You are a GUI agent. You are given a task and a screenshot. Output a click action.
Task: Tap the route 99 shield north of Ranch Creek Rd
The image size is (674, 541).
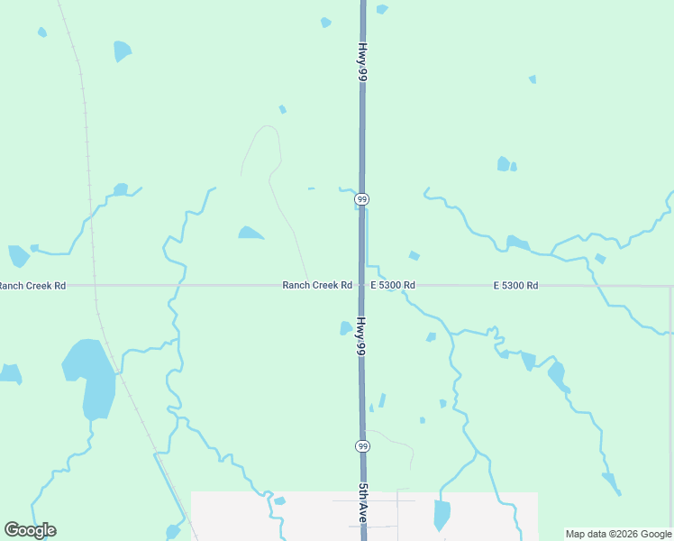tap(361, 198)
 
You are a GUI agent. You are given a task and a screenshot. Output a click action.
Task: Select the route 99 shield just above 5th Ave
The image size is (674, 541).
tap(362, 445)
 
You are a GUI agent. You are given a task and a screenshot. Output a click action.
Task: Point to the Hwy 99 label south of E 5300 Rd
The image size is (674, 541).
tap(360, 335)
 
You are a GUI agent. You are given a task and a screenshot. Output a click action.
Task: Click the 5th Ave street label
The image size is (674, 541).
tap(362, 504)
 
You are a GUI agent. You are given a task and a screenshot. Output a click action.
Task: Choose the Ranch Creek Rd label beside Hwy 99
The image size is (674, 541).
tap(317, 285)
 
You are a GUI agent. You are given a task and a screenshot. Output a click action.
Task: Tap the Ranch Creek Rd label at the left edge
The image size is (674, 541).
tap(32, 286)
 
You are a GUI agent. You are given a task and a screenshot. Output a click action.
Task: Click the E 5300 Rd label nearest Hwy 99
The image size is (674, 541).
tap(393, 285)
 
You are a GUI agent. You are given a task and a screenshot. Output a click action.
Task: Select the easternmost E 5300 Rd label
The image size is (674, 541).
tap(515, 285)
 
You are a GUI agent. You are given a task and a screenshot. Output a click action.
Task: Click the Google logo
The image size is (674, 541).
tap(30, 530)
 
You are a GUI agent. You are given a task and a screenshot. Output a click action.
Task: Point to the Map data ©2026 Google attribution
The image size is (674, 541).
tap(619, 534)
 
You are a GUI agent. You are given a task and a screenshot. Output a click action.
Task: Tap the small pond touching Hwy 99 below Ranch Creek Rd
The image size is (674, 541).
tap(345, 328)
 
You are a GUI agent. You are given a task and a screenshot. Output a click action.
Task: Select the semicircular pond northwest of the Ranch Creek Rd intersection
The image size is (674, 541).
tap(250, 233)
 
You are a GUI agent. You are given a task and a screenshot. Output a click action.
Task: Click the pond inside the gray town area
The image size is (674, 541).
tap(442, 515)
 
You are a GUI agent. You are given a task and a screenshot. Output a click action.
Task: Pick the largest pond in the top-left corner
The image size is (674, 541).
tap(123, 50)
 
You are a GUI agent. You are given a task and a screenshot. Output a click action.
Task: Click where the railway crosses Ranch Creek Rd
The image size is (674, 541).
tap(94, 285)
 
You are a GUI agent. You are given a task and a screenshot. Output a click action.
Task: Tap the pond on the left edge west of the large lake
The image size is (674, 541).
tap(10, 372)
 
